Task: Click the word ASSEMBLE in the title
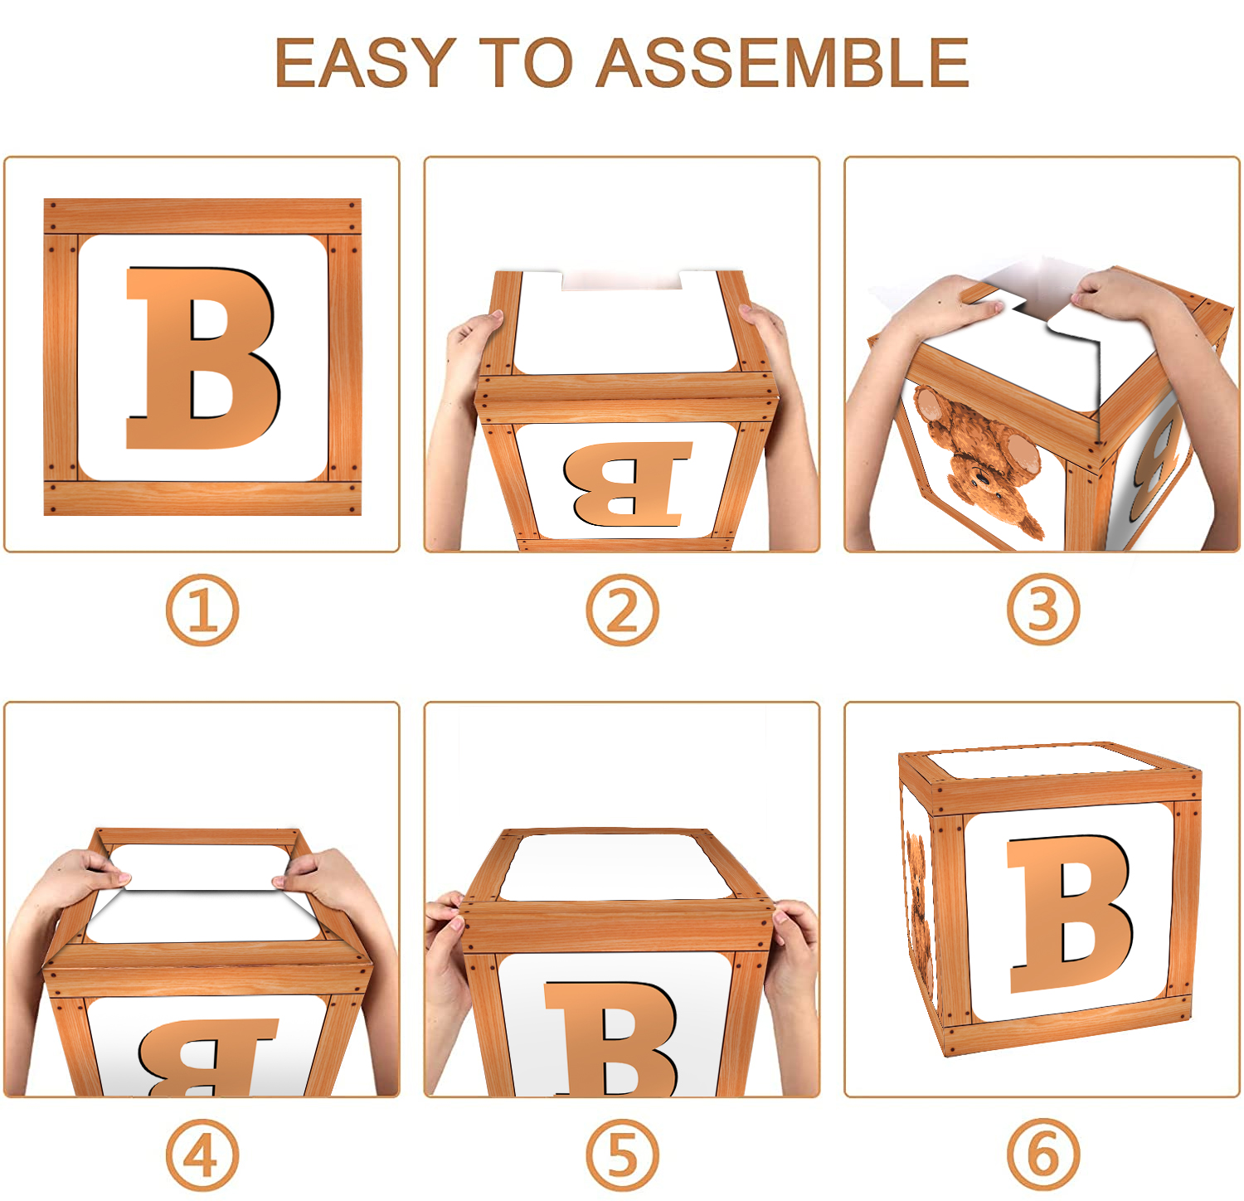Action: (783, 63)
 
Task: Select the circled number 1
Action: (202, 610)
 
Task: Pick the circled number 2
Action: (622, 610)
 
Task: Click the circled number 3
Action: (1043, 610)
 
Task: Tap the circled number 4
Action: (202, 1155)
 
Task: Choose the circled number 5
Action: (622, 1155)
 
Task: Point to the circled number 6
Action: (1043, 1155)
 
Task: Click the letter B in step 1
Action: (202, 358)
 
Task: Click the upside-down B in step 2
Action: (627, 484)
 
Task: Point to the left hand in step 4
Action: (79, 879)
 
